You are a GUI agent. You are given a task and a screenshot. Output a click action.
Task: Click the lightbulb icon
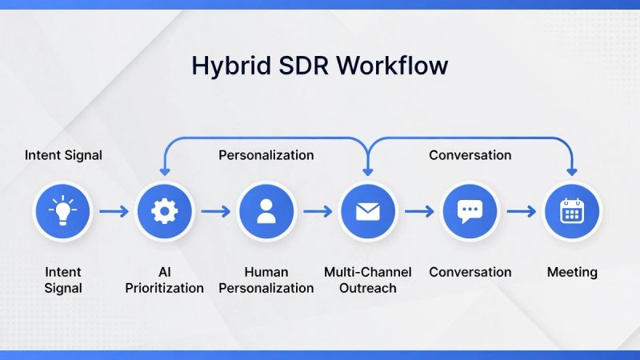click(63, 212)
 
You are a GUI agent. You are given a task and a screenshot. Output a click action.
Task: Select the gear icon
click(164, 212)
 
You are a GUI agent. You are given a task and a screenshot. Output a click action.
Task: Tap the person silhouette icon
click(266, 212)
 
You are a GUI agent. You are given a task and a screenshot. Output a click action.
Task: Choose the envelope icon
click(368, 212)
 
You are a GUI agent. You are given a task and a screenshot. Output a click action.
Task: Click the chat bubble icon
click(470, 212)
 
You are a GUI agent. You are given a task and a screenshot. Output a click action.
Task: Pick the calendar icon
click(572, 212)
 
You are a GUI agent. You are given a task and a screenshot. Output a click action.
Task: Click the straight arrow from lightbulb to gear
click(114, 212)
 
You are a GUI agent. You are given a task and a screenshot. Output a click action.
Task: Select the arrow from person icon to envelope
click(317, 212)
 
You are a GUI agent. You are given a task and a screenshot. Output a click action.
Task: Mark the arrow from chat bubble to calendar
click(521, 212)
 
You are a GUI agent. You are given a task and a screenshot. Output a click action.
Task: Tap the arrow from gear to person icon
click(215, 212)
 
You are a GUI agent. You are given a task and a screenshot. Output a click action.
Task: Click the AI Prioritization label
click(164, 280)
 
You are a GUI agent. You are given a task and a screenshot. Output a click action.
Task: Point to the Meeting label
click(572, 272)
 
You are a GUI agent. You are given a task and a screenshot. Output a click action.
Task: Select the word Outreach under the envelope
click(368, 288)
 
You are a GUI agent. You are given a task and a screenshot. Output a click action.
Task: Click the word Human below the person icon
click(266, 272)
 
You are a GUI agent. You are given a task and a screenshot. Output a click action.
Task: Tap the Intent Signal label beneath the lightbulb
click(63, 280)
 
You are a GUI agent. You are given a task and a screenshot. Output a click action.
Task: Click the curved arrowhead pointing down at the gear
click(164, 170)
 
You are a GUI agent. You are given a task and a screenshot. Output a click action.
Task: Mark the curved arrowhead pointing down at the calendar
click(572, 170)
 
